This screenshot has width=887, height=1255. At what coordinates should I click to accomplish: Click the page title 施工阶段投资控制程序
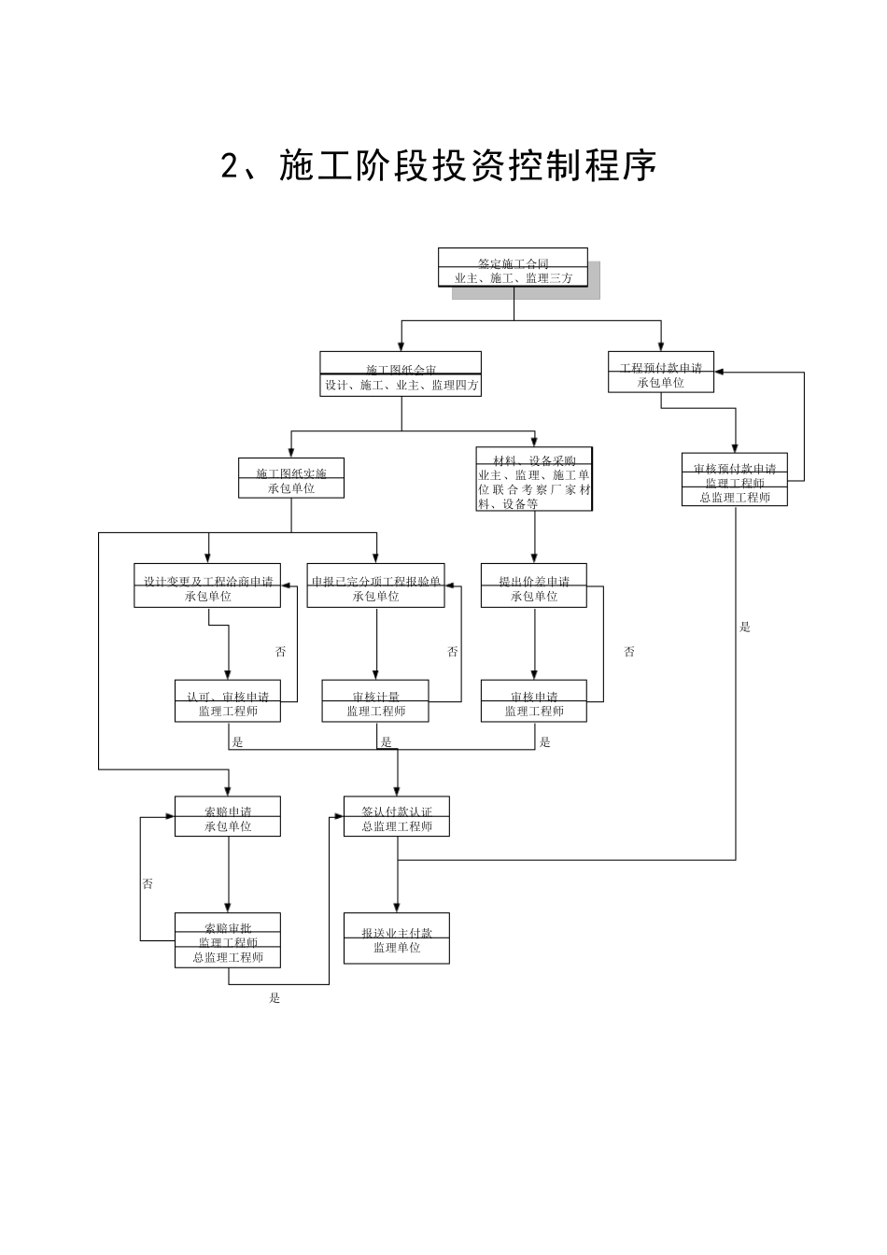(x=439, y=165)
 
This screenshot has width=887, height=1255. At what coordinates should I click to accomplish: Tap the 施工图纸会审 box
(x=401, y=374)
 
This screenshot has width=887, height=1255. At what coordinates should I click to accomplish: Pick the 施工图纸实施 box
(x=290, y=478)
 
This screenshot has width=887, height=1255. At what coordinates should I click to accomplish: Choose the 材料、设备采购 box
(x=534, y=479)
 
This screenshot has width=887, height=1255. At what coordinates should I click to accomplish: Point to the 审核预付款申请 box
(x=734, y=480)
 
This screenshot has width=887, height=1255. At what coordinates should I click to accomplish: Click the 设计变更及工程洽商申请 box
(x=207, y=586)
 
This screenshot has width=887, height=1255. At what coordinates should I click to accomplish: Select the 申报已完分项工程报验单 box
(x=375, y=586)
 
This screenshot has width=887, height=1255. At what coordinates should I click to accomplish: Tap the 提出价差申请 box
(x=534, y=586)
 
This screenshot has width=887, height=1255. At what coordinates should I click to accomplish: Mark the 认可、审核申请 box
(x=228, y=701)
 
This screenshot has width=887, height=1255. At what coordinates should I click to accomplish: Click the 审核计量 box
(x=375, y=701)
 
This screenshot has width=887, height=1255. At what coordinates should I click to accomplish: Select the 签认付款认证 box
(x=397, y=817)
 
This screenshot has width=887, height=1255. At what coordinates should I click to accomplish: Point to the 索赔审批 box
(x=228, y=940)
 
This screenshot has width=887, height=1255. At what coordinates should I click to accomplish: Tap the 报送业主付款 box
(x=397, y=938)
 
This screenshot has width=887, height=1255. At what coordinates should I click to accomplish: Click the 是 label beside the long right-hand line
(x=745, y=627)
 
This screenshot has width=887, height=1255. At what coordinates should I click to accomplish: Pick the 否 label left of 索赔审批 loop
(x=148, y=883)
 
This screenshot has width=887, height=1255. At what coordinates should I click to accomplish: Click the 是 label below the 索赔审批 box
(x=275, y=998)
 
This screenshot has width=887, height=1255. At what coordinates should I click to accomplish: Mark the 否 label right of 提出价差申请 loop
(x=629, y=652)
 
